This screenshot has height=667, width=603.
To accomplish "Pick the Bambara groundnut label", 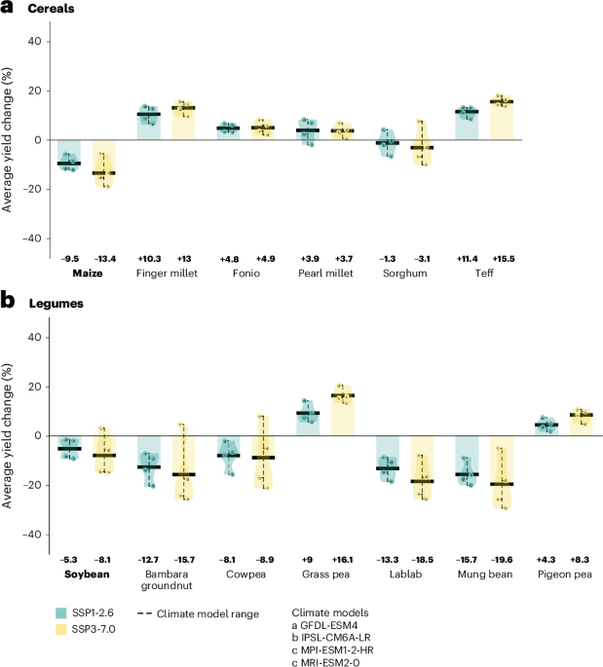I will point(164,575).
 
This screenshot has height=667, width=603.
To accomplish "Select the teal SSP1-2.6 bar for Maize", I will point(68,153).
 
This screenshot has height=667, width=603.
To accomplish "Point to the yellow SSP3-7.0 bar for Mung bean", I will point(503,471).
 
